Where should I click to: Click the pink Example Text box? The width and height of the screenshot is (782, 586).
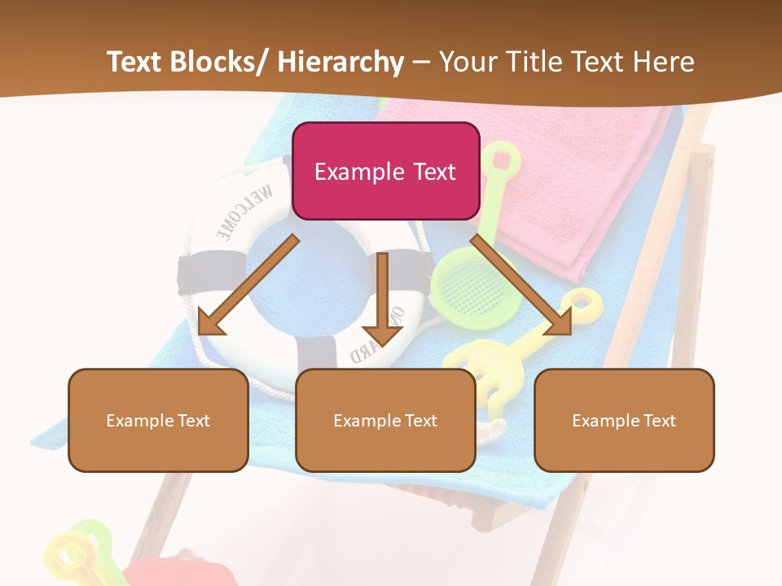click(385, 171)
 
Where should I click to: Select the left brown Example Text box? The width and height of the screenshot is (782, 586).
click(158, 420)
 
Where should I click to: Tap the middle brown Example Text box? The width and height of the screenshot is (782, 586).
click(385, 420)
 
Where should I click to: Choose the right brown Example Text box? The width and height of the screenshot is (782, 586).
click(624, 420)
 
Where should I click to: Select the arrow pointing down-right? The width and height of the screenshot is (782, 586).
click(521, 285)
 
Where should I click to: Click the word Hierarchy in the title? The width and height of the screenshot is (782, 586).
click(340, 62)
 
